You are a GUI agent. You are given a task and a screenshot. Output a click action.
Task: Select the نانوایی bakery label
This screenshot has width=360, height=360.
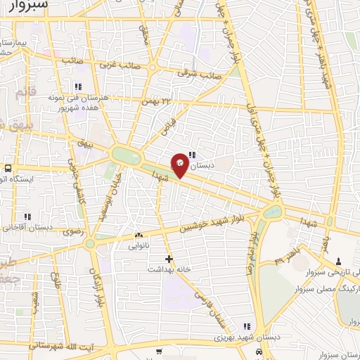[x=138, y=246]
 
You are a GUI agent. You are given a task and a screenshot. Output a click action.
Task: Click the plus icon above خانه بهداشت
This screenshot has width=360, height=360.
[x=168, y=259]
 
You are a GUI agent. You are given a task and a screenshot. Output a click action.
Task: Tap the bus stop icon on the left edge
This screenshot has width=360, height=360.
[x=7, y=169]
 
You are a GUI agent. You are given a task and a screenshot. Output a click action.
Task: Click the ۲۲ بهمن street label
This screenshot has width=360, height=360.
[x=159, y=103]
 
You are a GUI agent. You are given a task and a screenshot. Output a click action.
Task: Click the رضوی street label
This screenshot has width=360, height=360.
[x=74, y=231]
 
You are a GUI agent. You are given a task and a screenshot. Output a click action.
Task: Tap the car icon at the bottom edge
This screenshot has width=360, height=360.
[x=260, y=352]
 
